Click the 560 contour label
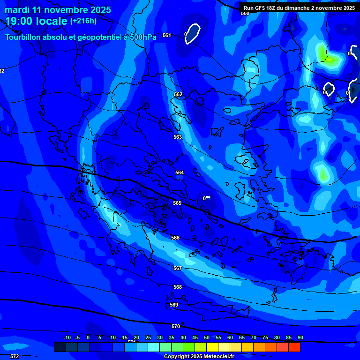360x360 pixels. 245,13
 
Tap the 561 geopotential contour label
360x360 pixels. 167,35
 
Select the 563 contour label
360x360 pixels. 178,137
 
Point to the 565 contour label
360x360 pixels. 177,203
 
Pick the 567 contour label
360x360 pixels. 178,268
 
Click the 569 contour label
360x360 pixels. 174,305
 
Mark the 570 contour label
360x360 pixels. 176,326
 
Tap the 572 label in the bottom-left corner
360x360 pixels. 15,356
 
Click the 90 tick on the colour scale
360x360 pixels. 300,337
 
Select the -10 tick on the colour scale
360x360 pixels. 67,337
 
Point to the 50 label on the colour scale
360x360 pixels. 206,337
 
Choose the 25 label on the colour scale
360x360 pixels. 148,337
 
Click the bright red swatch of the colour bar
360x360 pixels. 294,347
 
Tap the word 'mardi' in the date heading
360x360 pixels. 17,10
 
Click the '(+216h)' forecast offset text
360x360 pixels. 83,21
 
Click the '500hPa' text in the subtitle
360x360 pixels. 142,37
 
